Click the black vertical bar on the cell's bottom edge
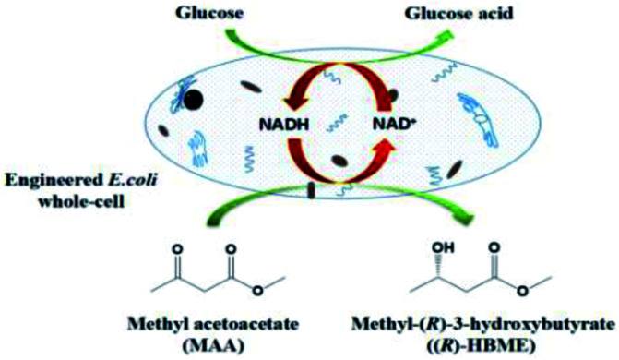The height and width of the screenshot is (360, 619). [x=311, y=191]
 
